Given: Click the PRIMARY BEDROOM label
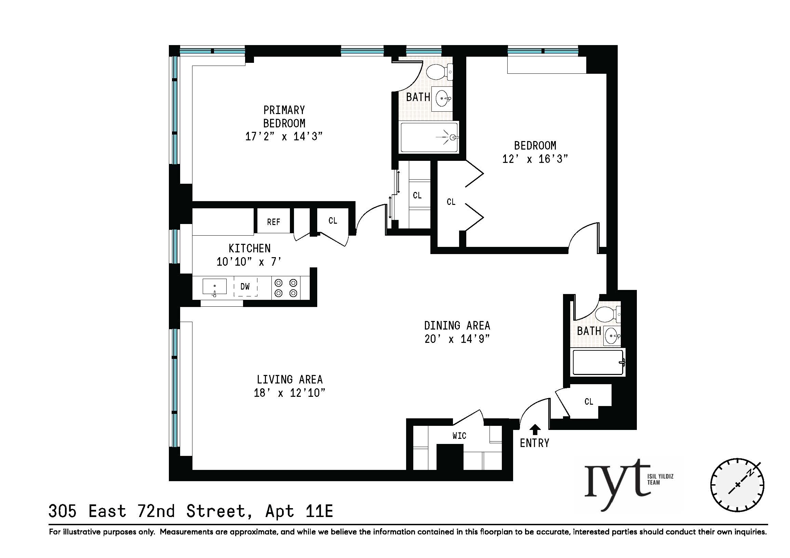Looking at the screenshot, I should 284,116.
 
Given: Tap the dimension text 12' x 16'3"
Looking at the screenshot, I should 535,159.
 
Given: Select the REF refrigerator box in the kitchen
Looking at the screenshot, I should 273,222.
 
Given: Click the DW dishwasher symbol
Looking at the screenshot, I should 245,287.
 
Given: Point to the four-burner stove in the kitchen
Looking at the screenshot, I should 285,288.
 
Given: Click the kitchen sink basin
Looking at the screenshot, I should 214,287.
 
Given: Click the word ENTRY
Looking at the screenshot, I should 534,443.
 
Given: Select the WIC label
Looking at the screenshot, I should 459,436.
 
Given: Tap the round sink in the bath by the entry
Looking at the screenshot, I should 612,336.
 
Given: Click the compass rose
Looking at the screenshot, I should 737,485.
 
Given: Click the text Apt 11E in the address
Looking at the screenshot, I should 299,511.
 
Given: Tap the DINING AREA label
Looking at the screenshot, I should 457,325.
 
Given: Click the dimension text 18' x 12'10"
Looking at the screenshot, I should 289,393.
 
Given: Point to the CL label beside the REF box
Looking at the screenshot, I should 333,221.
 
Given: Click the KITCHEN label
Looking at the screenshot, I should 250,248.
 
